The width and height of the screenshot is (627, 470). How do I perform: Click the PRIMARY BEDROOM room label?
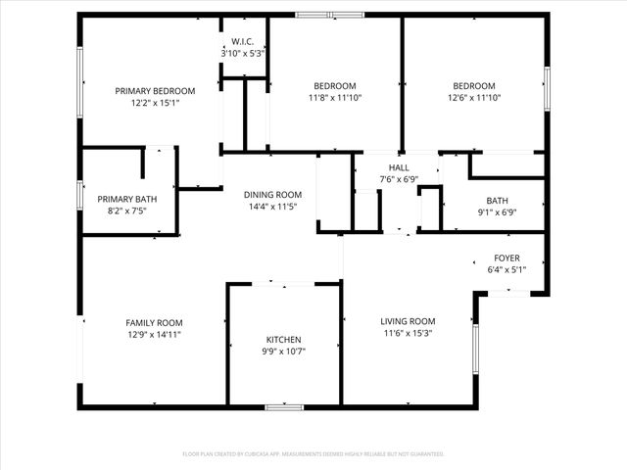(155, 91)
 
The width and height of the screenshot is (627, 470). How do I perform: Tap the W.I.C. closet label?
(242, 41)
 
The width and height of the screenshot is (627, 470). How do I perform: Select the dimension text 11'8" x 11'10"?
(335, 97)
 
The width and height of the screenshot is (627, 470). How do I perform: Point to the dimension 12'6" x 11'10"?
(474, 97)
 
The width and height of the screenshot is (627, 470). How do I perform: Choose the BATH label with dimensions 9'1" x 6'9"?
(497, 200)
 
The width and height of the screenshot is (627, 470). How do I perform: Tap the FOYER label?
(506, 258)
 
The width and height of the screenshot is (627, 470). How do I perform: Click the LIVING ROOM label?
(408, 321)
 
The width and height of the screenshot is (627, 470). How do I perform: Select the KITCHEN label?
(284, 340)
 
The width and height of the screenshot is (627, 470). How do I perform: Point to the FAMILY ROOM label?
(154, 323)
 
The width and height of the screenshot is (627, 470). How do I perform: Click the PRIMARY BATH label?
(126, 199)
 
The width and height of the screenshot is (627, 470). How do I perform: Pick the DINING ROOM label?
(272, 194)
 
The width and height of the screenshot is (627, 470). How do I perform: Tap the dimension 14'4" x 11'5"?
(272, 207)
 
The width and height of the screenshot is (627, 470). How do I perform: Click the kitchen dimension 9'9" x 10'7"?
(284, 352)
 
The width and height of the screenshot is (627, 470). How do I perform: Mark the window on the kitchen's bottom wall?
(284, 406)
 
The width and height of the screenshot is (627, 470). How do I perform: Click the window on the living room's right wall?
(475, 350)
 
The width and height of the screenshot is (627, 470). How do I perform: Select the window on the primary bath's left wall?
(80, 193)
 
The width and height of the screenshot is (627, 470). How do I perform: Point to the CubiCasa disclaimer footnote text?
(313, 454)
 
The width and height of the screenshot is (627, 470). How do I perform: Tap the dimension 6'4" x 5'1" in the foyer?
(506, 269)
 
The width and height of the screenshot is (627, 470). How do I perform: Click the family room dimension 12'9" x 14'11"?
(154, 335)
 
